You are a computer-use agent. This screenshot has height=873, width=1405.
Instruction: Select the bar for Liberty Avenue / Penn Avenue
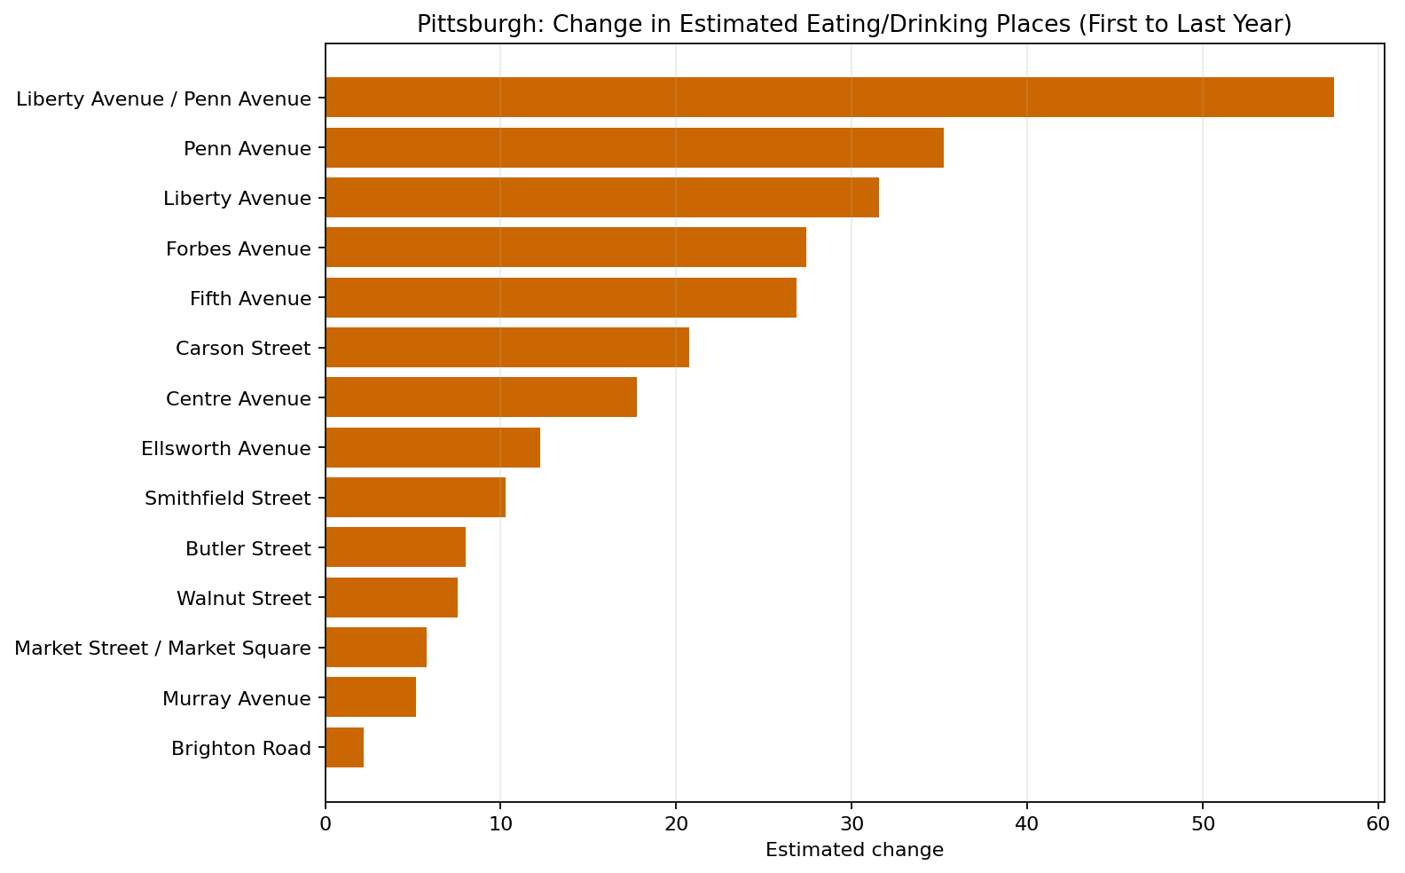pyautogui.click(x=829, y=98)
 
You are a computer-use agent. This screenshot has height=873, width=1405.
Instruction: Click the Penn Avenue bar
pyautogui.click(x=634, y=148)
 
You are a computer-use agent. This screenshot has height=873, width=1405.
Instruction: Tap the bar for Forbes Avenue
pyautogui.click(x=566, y=248)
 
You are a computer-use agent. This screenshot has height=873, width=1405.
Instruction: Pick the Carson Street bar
pyautogui.click(x=507, y=348)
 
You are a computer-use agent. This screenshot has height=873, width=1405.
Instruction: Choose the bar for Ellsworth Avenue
pyautogui.click(x=433, y=448)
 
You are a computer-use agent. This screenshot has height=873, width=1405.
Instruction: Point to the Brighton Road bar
pyautogui.click(x=345, y=748)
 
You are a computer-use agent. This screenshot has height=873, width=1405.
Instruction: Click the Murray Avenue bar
pyautogui.click(x=371, y=697)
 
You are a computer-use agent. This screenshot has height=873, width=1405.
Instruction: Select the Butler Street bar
pyautogui.click(x=396, y=547)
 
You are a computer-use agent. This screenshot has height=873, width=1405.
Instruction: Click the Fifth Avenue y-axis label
pyautogui.click(x=250, y=298)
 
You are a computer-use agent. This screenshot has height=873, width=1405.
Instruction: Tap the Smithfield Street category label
pyautogui.click(x=228, y=499)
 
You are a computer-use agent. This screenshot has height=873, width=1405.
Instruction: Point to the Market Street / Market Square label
pyautogui.click(x=163, y=649)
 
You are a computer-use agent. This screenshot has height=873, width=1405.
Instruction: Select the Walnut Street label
pyautogui.click(x=244, y=599)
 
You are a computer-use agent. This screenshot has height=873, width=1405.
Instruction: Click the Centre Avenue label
pyautogui.click(x=239, y=399)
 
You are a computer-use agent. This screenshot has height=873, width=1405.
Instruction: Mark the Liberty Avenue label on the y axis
pyautogui.click(x=237, y=199)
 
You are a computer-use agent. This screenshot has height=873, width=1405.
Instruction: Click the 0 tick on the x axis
pyautogui.click(x=326, y=823)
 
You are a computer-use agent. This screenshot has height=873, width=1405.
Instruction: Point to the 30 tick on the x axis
pyautogui.click(x=852, y=823)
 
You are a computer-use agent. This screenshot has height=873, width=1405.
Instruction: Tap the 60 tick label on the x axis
pyautogui.click(x=1378, y=823)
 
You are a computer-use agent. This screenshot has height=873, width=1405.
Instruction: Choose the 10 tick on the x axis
pyautogui.click(x=500, y=823)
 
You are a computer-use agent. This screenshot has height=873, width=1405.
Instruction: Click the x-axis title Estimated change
pyautogui.click(x=854, y=850)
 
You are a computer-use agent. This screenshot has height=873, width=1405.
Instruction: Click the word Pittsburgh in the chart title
pyautogui.click(x=457, y=25)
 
